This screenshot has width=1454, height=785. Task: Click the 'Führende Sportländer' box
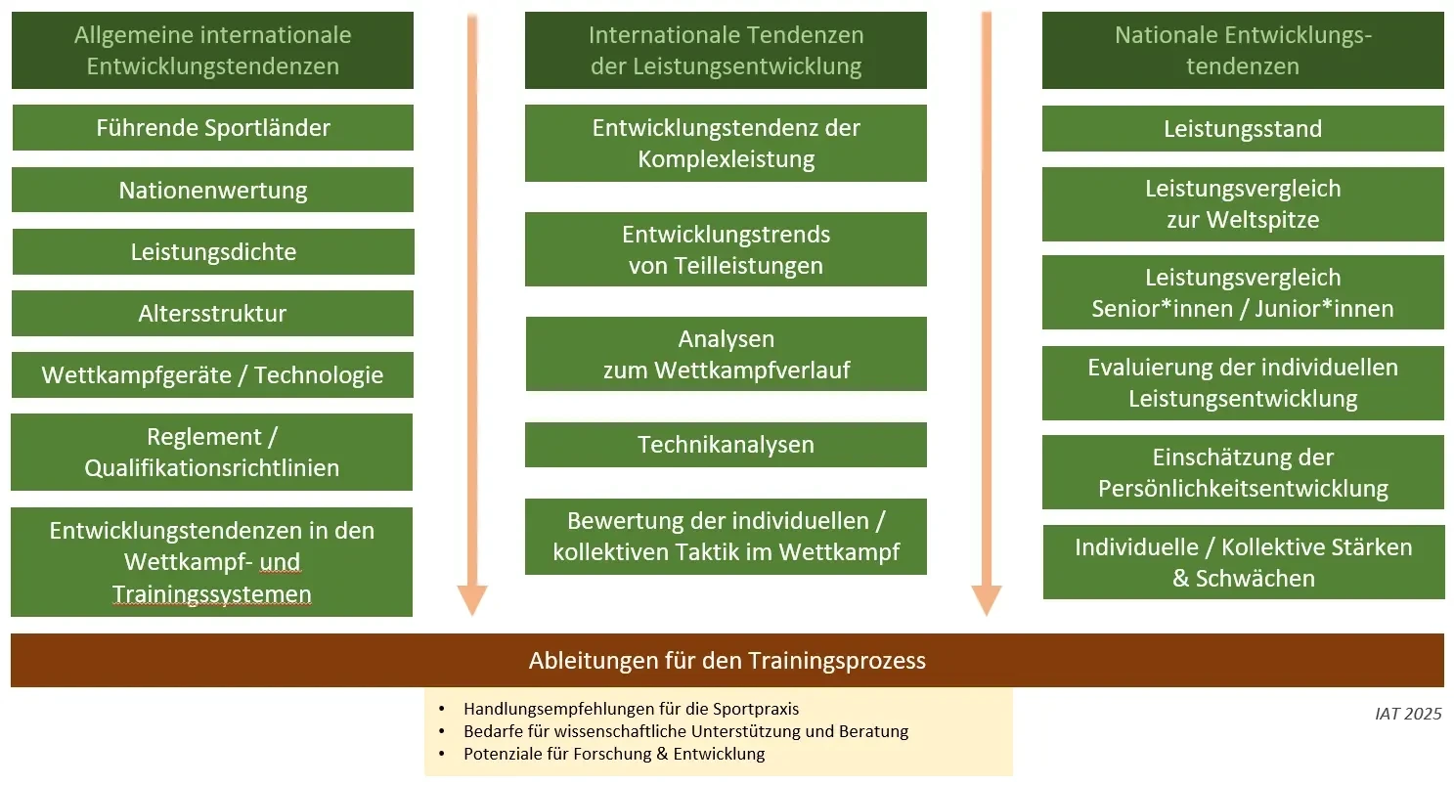[x=213, y=128]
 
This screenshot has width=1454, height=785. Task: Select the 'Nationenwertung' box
[x=213, y=190]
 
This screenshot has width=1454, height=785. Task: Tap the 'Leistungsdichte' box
[x=213, y=251]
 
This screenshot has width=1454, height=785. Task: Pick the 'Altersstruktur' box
[x=213, y=314]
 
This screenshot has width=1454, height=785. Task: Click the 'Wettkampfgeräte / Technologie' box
[x=213, y=375]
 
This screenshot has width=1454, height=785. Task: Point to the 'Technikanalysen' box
[x=726, y=445]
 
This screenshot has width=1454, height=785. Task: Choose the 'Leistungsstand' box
[x=1243, y=128]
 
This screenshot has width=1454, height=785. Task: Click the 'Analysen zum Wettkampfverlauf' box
[x=727, y=354]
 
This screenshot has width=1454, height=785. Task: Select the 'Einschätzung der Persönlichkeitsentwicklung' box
[x=1243, y=472]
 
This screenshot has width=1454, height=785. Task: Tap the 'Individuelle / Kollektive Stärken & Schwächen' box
[x=1244, y=562]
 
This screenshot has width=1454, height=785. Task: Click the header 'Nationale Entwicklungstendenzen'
[x=1243, y=51]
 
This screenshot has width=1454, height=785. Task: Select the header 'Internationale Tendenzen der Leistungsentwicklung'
[x=726, y=51]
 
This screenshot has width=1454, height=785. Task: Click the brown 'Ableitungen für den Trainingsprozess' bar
[x=727, y=661]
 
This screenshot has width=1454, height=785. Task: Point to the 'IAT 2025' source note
[x=1408, y=714]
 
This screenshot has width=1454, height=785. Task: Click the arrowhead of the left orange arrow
[x=472, y=600]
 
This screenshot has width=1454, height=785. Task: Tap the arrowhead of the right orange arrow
[x=987, y=600]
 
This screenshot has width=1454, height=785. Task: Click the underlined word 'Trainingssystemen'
[x=211, y=594]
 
